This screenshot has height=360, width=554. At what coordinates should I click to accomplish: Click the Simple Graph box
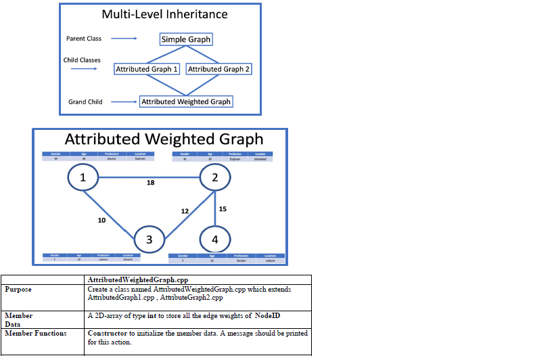click(x=186, y=39)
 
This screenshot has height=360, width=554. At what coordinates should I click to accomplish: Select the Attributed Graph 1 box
click(x=147, y=69)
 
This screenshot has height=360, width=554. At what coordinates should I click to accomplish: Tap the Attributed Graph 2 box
click(x=218, y=69)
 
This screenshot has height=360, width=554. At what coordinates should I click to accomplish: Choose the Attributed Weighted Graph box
click(x=186, y=102)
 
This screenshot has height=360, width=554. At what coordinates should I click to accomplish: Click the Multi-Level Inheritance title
click(x=164, y=14)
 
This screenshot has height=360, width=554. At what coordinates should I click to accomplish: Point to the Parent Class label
click(x=84, y=39)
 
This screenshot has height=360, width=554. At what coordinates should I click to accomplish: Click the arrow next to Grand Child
click(x=124, y=102)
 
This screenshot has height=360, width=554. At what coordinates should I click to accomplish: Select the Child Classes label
click(x=82, y=60)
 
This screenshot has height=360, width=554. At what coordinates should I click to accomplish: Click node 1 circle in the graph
click(x=83, y=178)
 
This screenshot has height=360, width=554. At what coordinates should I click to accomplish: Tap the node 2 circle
click(x=215, y=178)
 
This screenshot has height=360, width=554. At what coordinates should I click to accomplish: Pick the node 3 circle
click(x=149, y=240)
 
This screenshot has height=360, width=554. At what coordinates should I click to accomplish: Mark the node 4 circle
click(x=215, y=240)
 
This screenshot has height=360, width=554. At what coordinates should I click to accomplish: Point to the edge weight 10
click(x=101, y=220)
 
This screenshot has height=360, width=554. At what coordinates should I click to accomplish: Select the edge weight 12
click(x=185, y=211)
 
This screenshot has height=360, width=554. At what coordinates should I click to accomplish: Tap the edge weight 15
click(x=223, y=208)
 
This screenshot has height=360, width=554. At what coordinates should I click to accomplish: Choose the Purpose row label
click(x=19, y=289)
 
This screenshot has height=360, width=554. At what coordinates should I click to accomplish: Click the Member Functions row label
click(x=36, y=333)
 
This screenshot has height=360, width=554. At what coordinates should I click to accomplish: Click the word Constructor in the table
click(x=108, y=333)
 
